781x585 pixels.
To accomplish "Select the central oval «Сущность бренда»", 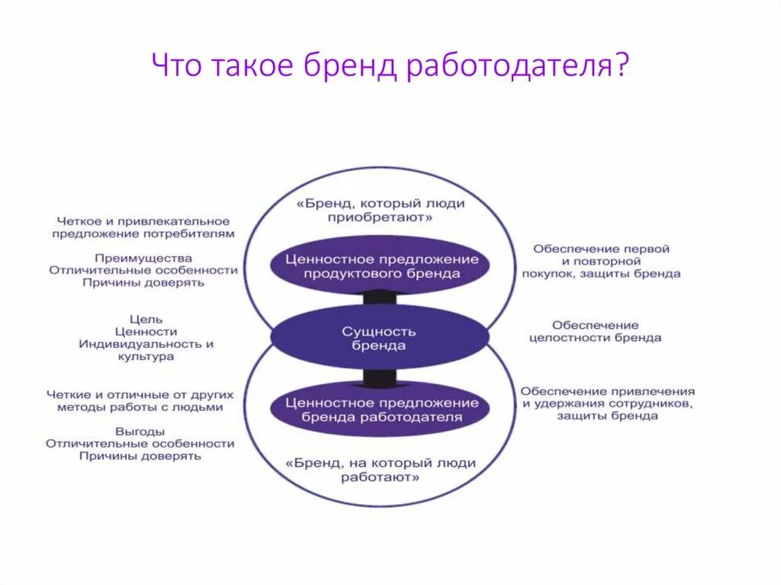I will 379,338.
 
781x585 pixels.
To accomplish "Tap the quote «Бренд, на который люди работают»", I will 381,470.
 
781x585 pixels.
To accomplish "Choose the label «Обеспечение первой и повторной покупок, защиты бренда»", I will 602,261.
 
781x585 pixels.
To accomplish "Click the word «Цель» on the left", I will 146,318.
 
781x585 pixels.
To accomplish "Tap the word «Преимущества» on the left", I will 143,258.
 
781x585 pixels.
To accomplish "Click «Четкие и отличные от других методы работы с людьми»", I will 140,400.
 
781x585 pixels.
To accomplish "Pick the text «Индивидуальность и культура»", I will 146,350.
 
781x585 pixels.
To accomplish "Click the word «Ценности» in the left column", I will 146,331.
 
